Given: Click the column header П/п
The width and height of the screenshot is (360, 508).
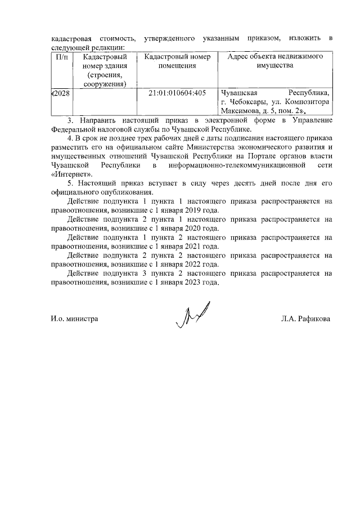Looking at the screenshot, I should (59, 57).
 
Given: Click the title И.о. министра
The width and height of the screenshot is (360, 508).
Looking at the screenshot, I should (74, 319).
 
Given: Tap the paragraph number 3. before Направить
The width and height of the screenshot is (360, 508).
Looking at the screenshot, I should (70, 120).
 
